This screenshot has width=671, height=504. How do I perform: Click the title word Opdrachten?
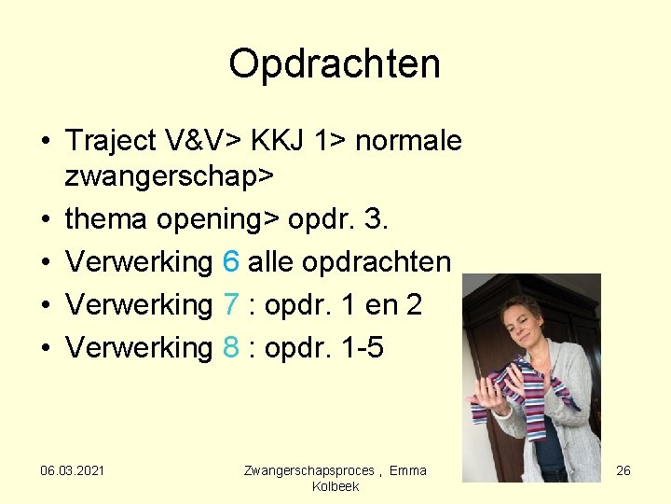click(335, 64)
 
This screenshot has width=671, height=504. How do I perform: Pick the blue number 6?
click(231, 262)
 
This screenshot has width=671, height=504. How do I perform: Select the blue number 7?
click(231, 305)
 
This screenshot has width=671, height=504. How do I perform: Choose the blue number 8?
click(231, 348)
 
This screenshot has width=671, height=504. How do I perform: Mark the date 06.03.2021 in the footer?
click(73, 470)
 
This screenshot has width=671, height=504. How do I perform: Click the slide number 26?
click(623, 470)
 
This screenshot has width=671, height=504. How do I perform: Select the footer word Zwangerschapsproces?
click(308, 470)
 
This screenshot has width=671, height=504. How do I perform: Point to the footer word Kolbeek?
click(335, 486)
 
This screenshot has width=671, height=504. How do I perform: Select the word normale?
click(409, 141)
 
